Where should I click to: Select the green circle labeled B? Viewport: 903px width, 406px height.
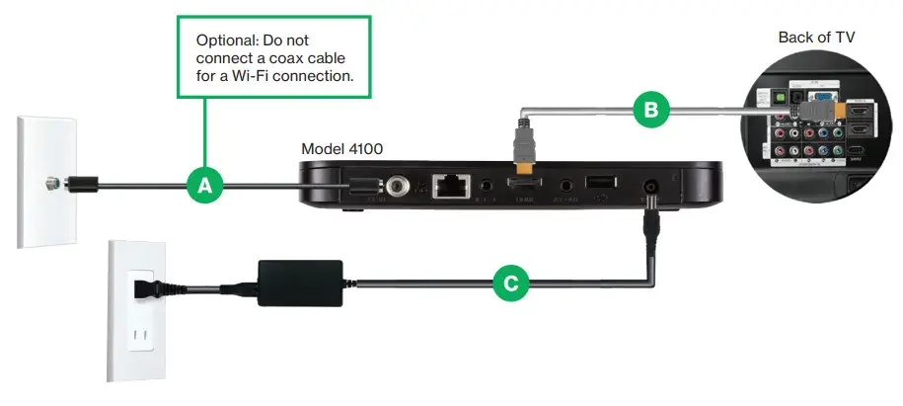coord(649,110)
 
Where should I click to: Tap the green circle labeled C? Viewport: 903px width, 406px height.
coord(509,284)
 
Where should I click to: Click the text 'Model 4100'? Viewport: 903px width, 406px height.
coord(341,148)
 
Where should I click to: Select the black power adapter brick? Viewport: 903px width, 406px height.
coord(295,278)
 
